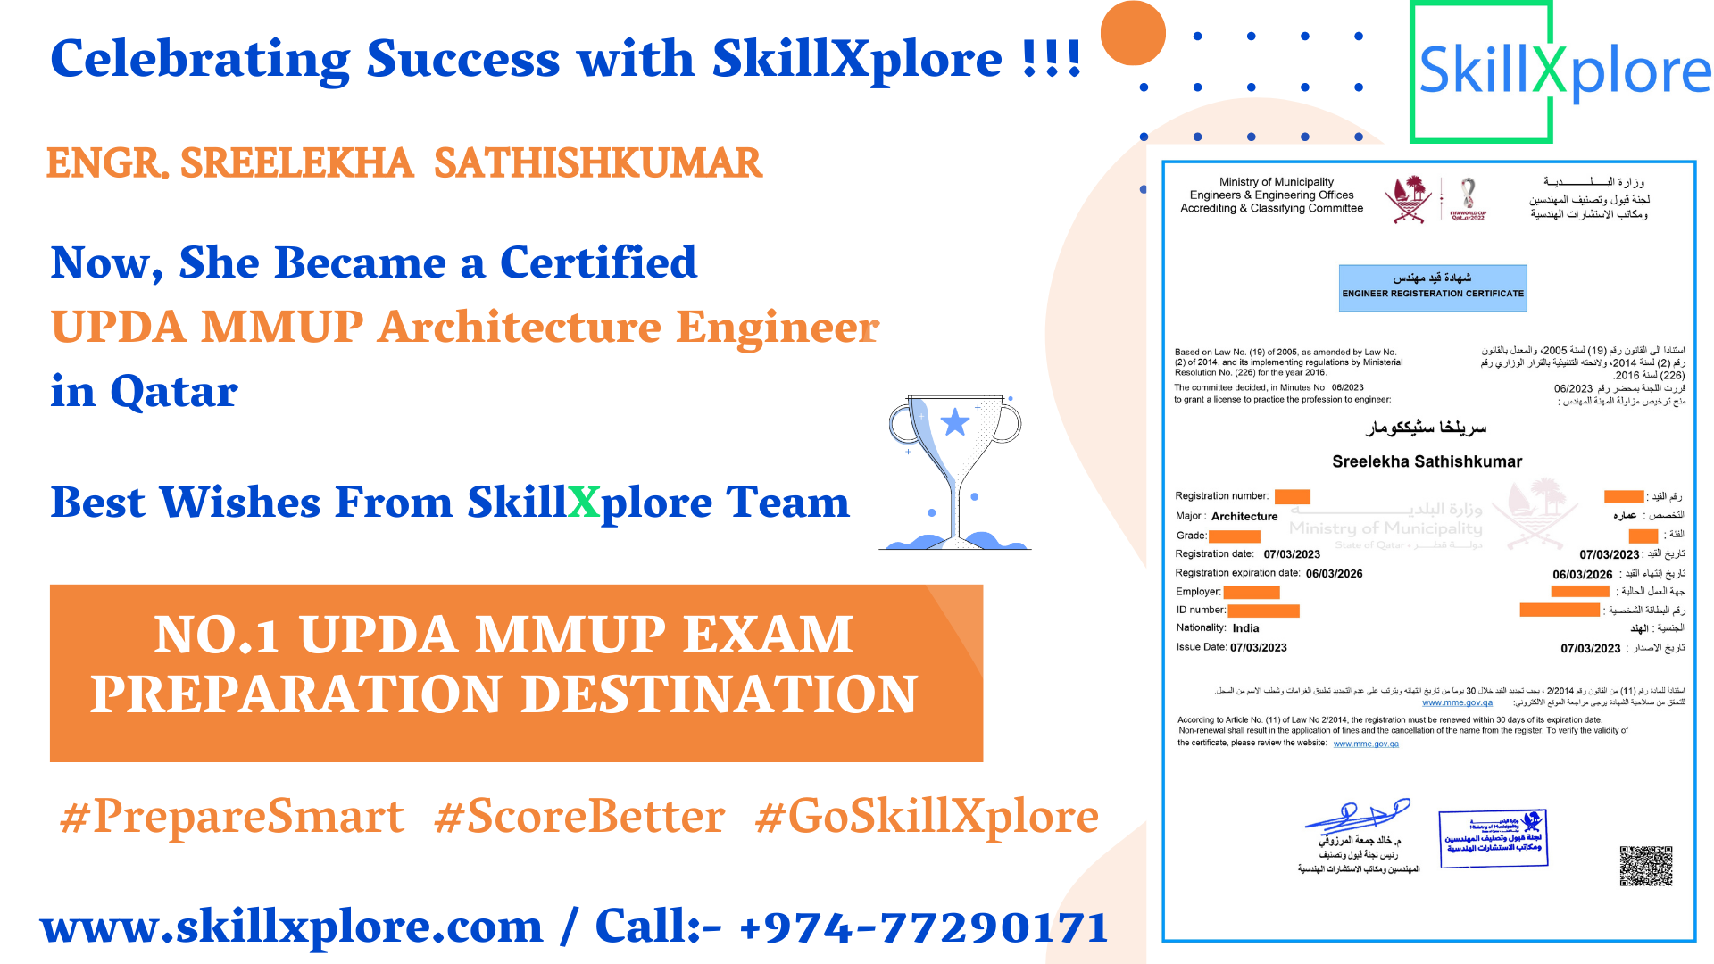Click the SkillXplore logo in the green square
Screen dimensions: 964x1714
[x=1562, y=71]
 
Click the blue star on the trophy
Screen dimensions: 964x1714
[x=955, y=421]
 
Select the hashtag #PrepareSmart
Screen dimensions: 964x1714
[x=232, y=816]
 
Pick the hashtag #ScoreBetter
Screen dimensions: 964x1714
[x=579, y=816]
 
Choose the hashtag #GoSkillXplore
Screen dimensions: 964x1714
[x=927, y=816]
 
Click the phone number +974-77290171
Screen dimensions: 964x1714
[x=924, y=927]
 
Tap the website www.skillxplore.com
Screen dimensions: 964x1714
[x=292, y=927]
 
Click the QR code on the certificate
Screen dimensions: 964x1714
[x=1645, y=866]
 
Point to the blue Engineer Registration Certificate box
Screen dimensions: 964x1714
[x=1433, y=287]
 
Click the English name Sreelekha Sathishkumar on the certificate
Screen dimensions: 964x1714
[x=1427, y=461]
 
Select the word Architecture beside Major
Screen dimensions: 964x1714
[x=1244, y=517]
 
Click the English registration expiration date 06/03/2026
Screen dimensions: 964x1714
[x=1334, y=574]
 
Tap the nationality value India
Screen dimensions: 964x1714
[x=1245, y=628]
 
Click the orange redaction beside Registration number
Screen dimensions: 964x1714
[x=1292, y=497]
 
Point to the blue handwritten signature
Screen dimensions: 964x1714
[x=1357, y=814]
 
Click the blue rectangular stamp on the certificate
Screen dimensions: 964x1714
[x=1493, y=838]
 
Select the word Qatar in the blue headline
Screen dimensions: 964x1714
[x=174, y=391]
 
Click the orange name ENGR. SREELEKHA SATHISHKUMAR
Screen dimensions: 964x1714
[x=404, y=163]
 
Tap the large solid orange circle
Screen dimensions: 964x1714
[x=1133, y=33]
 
